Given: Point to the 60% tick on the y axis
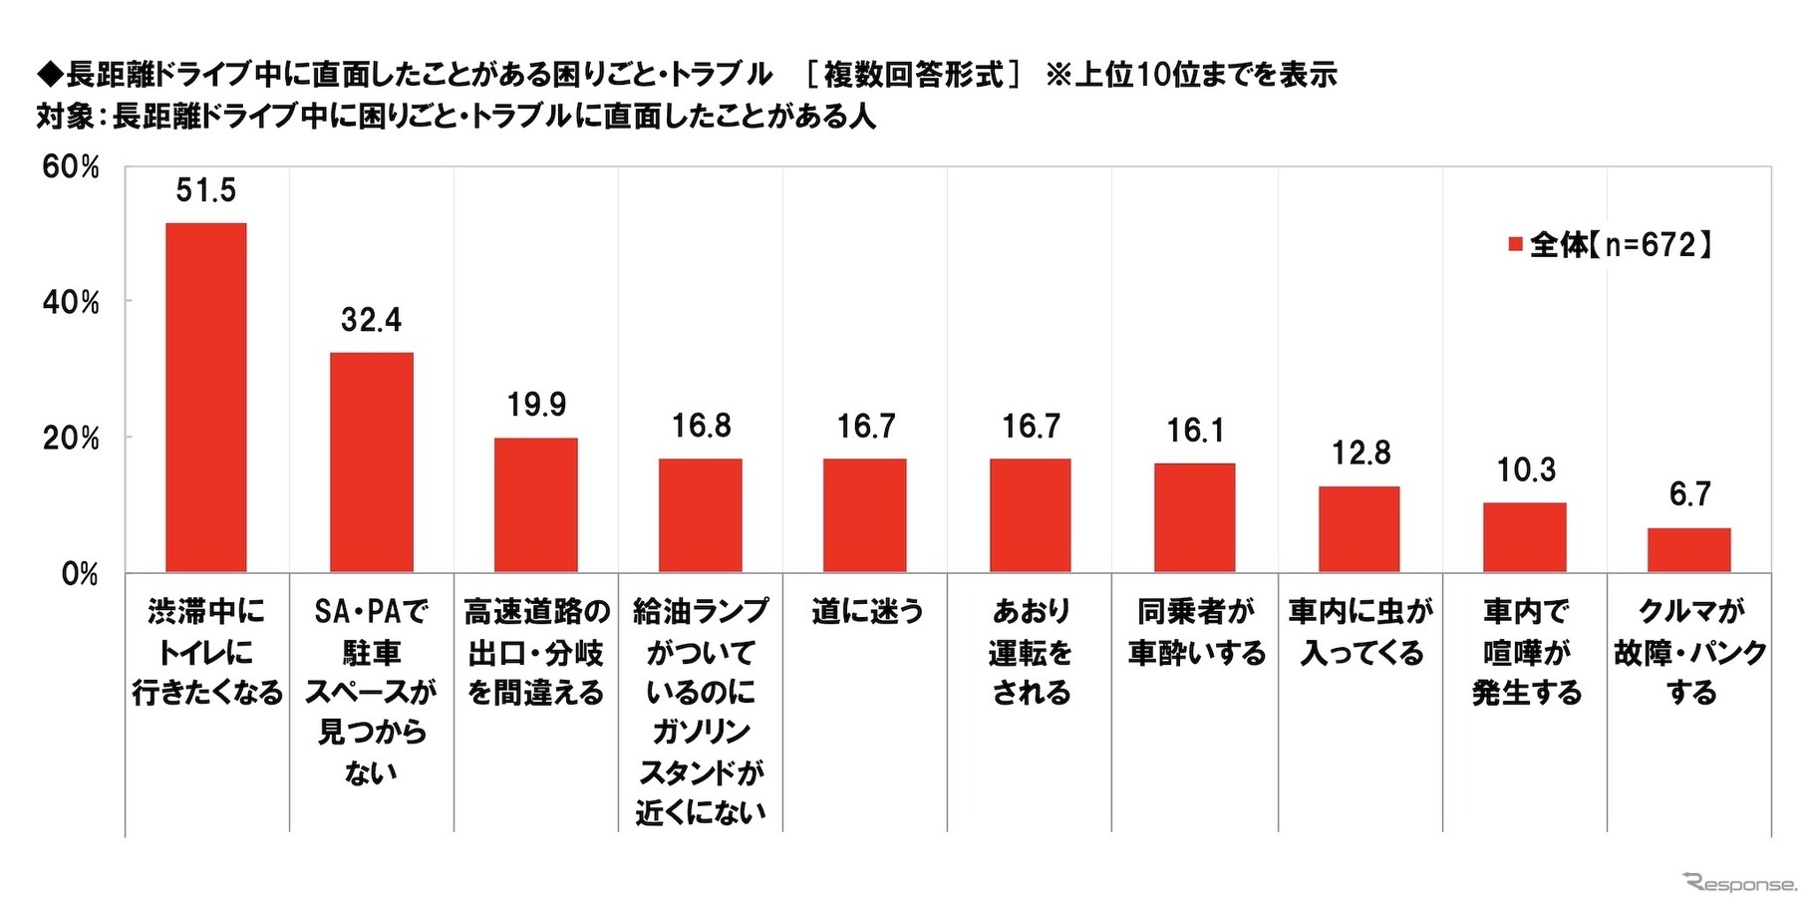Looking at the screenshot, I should pos(71,167).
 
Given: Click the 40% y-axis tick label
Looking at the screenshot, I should pos(71,303).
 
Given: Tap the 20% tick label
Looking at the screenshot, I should pos(71,439).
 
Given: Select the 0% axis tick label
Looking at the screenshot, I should pos(80,574).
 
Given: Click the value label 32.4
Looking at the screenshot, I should pos(371,320).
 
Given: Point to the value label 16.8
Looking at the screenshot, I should pos(701,427).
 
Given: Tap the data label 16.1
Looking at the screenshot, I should pos(1195,431).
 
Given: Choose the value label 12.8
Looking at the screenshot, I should pos(1360,453).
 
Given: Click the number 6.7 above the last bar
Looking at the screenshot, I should pos(1689,494).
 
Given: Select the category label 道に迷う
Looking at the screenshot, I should pos(866,611).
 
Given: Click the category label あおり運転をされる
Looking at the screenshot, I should pos(1031,652).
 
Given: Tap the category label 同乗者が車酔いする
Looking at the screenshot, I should pos(1196,632).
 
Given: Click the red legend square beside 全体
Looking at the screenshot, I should pos(1515,244).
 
